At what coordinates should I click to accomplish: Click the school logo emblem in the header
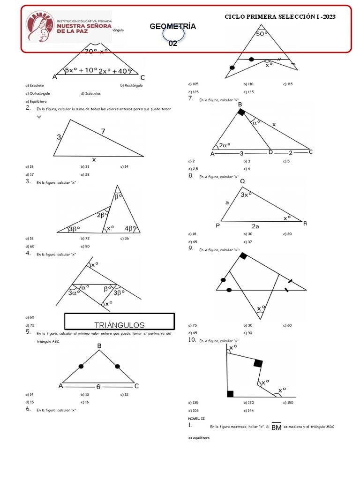click(x=40, y=29)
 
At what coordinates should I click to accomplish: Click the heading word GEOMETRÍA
click(x=172, y=27)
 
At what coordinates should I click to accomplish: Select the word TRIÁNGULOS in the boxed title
click(x=120, y=325)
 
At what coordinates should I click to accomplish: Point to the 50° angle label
click(x=261, y=34)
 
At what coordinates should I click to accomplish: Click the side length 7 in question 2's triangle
click(x=103, y=132)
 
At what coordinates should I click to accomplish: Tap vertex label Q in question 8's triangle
click(x=242, y=181)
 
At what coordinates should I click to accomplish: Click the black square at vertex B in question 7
click(x=241, y=112)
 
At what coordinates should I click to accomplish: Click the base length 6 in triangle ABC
click(x=98, y=387)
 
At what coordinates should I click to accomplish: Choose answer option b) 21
click(x=85, y=166)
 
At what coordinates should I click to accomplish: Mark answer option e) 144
click(x=248, y=410)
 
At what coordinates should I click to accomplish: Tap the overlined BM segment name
click(x=277, y=427)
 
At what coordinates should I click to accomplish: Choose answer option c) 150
click(x=288, y=402)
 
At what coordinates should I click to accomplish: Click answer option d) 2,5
click(x=193, y=168)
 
